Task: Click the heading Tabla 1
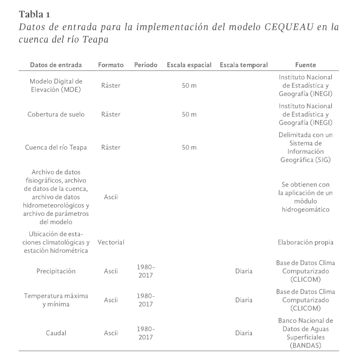point(35,13)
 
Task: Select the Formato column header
point(111,65)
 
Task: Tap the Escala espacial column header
point(189,65)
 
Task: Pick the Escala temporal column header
point(244,65)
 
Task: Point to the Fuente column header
point(305,65)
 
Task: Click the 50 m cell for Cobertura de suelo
point(189,114)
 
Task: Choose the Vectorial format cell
point(111,242)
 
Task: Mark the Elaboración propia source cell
point(305,242)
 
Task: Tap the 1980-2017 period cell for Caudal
point(145,334)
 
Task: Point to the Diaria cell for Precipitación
point(244,271)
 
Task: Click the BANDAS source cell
point(305,334)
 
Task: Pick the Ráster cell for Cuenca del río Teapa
point(111,147)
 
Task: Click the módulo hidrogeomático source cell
point(305,197)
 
